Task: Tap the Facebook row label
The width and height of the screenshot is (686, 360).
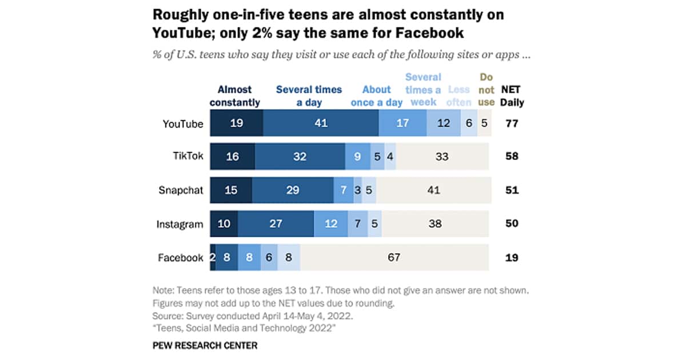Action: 181,258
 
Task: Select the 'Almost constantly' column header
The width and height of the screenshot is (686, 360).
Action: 235,96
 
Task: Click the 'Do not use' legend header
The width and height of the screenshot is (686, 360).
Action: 486,90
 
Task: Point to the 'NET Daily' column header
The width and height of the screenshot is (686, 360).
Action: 512,96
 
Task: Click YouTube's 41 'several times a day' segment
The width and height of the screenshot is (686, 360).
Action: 321,123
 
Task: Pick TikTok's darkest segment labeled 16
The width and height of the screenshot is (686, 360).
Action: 232,157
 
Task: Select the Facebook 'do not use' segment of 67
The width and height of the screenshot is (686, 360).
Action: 394,258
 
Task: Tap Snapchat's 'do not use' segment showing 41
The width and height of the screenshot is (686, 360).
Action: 434,190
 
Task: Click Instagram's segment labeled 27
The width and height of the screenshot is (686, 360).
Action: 276,224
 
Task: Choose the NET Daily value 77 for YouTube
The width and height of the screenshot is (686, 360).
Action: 512,123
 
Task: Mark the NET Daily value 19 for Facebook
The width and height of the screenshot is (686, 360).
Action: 512,258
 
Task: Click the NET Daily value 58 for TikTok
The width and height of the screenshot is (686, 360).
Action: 512,157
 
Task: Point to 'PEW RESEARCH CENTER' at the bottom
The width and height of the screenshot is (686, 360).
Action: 205,345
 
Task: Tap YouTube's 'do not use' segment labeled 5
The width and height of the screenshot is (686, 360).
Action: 484,123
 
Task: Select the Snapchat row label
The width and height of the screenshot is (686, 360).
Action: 181,190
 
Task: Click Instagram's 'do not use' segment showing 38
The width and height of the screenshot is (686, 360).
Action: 436,224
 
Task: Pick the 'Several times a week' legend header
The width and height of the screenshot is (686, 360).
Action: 423,90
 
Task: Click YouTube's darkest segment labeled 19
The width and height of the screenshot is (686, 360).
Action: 236,123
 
